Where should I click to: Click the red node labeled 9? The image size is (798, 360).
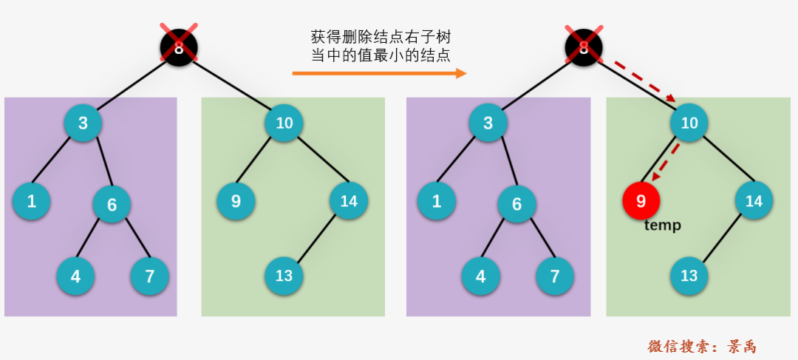tap(641, 200)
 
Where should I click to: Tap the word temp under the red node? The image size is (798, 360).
tap(662, 225)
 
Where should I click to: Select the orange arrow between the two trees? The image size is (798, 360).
tap(379, 73)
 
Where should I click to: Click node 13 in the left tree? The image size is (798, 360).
tap(284, 276)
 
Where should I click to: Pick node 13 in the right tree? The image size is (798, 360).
tap(689, 276)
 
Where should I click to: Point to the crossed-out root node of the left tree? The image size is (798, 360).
tap(179, 48)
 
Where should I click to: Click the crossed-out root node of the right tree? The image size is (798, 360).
tap(584, 48)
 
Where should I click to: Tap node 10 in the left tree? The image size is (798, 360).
tap(284, 123)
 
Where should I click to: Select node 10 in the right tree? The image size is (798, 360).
tap(689, 123)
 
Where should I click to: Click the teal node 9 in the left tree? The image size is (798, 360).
tap(236, 200)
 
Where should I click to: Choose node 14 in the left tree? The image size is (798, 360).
tap(349, 200)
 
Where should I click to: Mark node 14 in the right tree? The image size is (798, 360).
tap(754, 200)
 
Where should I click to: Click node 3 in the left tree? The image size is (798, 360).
tap(83, 123)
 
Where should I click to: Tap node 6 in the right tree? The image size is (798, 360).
tap(516, 204)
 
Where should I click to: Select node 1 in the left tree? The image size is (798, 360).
tap(31, 200)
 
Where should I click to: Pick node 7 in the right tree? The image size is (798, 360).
tap(555, 276)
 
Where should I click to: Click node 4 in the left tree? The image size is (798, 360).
tap(75, 276)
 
